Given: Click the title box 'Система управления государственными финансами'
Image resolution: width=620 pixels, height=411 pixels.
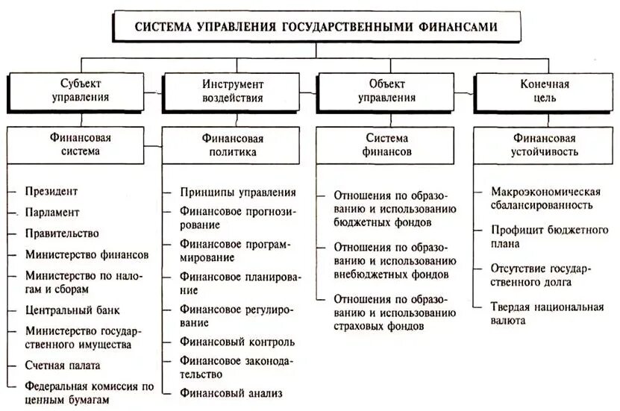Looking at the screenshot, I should pyautogui.click(x=316, y=27).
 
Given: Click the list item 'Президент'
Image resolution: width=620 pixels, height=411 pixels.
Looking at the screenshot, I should pyautogui.click(x=51, y=192).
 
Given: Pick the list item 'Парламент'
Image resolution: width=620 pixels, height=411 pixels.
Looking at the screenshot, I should pyautogui.click(x=51, y=213).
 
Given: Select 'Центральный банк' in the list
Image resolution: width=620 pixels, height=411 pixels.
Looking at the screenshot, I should pyautogui.click(x=72, y=310).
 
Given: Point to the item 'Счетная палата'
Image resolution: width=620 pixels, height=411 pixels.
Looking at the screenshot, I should pyautogui.click(x=62, y=365).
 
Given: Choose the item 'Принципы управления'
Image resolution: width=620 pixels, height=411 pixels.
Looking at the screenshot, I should pyautogui.click(x=237, y=192).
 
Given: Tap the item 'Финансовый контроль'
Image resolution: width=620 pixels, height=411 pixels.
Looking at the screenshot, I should pyautogui.click(x=237, y=342).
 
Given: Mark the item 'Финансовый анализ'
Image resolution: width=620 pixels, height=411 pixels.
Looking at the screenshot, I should pyautogui.click(x=231, y=392).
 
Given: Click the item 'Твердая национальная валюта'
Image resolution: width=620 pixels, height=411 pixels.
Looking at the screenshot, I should pyautogui.click(x=546, y=314).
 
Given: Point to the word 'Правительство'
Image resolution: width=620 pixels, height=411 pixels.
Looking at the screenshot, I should pyautogui.click(x=61, y=233).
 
